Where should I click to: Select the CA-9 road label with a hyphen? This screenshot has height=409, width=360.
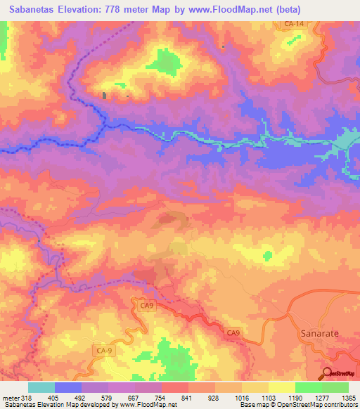(103, 349)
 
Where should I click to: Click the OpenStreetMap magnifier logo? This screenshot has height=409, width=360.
(327, 373)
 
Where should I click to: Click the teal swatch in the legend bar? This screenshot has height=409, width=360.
(41, 387)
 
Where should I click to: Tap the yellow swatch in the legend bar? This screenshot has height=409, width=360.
(281, 387)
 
